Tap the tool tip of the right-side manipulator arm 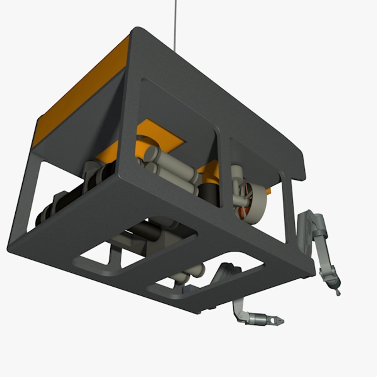(x=338, y=293)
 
